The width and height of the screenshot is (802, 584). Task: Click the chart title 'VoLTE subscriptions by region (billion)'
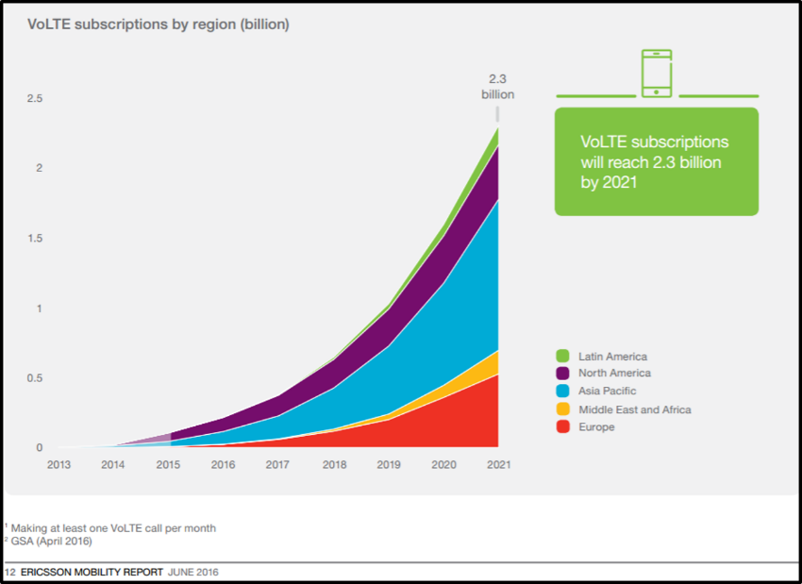(158, 25)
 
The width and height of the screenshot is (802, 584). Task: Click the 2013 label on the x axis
(58, 465)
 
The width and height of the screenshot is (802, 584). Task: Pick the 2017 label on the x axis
(277, 465)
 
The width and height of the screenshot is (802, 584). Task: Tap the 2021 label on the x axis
(497, 465)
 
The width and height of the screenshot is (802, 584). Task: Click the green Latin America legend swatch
(562, 357)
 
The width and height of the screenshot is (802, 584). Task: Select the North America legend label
(614, 374)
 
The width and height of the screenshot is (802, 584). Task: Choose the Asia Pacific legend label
(608, 392)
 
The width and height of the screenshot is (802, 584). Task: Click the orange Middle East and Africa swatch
(562, 409)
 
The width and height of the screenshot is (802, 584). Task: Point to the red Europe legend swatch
(562, 427)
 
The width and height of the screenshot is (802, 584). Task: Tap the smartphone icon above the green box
(657, 74)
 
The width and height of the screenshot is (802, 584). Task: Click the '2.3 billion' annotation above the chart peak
(497, 86)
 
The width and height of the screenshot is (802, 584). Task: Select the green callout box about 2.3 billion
(656, 161)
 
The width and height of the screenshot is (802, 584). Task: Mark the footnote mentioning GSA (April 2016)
(48, 542)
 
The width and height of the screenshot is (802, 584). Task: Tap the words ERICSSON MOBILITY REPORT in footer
(90, 573)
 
